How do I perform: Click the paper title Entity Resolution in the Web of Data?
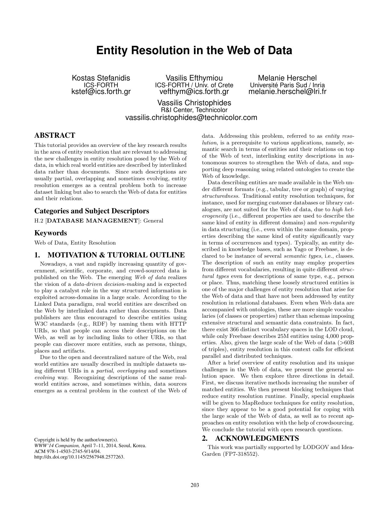(194, 50)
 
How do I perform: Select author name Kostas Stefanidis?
(101, 78)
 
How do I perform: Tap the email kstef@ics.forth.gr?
(101, 92)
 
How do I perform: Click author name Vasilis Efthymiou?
(194, 78)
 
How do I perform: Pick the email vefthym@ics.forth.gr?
(194, 92)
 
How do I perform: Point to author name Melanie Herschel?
(287, 78)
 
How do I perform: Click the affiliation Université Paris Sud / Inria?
(287, 85)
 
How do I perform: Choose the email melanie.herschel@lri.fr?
(287, 92)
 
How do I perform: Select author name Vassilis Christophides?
(194, 103)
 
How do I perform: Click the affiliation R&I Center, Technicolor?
(194, 110)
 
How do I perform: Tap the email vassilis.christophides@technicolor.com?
(191, 118)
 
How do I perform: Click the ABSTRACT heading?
(55, 135)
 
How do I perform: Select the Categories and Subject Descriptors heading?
(92, 211)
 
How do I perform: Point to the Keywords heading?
(50, 233)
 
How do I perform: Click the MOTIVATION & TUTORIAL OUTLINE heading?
(116, 255)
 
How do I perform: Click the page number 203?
(195, 485)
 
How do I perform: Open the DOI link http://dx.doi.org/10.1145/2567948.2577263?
(80, 457)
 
